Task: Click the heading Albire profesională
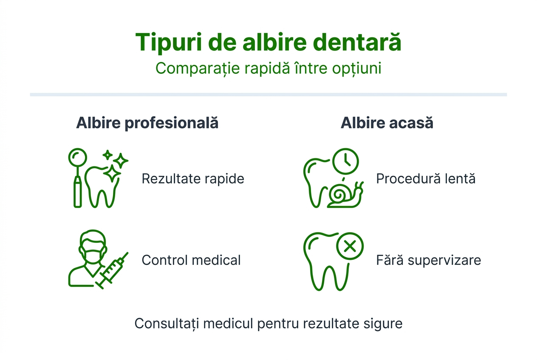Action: click(x=147, y=123)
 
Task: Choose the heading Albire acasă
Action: click(x=387, y=123)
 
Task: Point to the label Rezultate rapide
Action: click(x=193, y=179)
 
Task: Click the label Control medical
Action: click(x=191, y=260)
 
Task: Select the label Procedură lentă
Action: click(x=426, y=179)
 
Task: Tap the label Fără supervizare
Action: click(x=429, y=260)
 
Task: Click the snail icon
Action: click(x=345, y=195)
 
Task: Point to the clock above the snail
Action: click(x=346, y=161)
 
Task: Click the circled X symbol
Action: click(x=350, y=246)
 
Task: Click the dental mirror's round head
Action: click(x=78, y=158)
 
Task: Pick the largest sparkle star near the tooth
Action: click(x=112, y=173)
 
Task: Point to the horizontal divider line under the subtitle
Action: click(x=268, y=94)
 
